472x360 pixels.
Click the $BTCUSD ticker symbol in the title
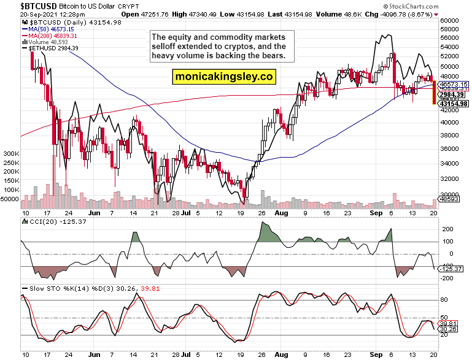tap(20, 5)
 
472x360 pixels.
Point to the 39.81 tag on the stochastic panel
tap(446, 323)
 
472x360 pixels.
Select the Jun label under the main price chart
tap(95, 213)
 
